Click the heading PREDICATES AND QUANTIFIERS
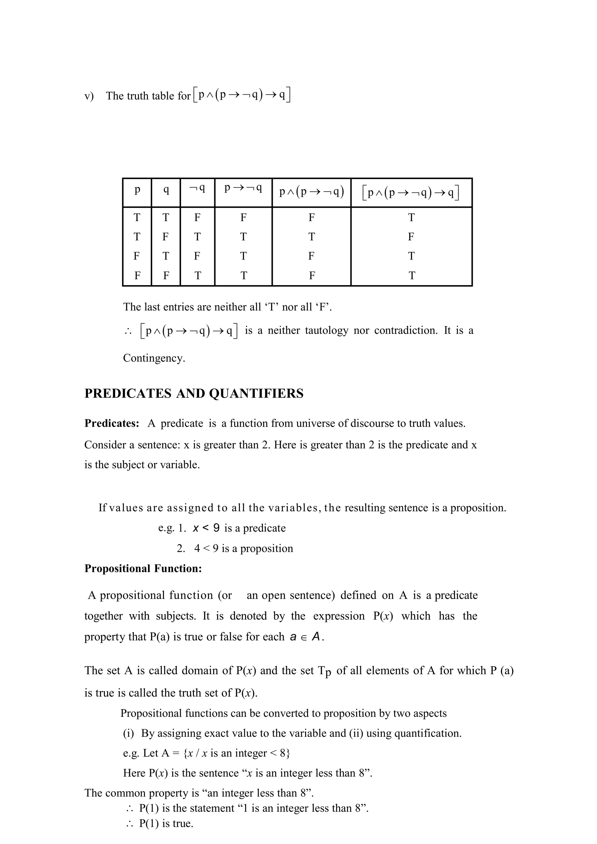coord(194,394)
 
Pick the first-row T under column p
coord(137,218)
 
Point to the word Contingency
coord(154,358)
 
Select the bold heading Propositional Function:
coord(143,569)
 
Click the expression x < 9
coord(206,528)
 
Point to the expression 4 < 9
coord(206,548)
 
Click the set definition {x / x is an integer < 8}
coord(237,753)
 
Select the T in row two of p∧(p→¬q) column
coord(312,237)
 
